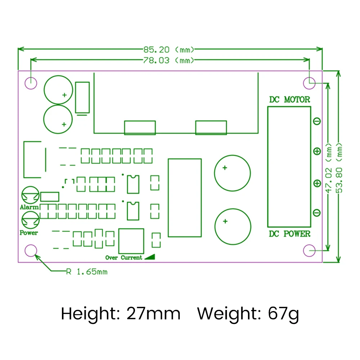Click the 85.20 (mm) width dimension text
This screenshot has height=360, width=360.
click(169, 49)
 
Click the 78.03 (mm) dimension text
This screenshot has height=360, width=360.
click(169, 60)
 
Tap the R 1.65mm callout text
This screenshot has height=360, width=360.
click(87, 271)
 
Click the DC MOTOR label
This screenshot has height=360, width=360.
click(289, 100)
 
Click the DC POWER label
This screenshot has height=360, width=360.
click(289, 234)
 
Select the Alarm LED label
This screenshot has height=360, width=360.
click(29, 207)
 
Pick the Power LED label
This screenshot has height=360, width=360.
click(29, 233)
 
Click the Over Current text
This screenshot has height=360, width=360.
click(123, 258)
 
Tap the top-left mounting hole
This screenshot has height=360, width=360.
click(31, 83)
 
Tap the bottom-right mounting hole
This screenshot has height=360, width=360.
click(309, 250)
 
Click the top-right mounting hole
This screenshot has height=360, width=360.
click(309, 83)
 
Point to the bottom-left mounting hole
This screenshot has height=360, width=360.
click(31, 250)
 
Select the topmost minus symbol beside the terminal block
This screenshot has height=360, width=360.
click(317, 121)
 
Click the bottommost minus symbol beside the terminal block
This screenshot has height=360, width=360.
click(317, 213)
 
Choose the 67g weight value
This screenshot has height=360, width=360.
click(283, 314)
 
